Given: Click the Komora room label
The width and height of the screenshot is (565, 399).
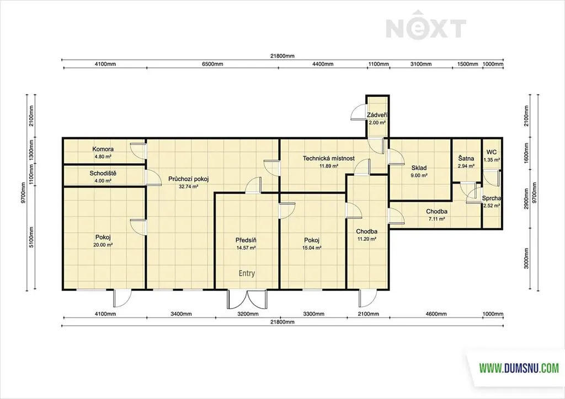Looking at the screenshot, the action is click(103, 149).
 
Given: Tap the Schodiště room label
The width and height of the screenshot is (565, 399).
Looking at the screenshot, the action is click(103, 174).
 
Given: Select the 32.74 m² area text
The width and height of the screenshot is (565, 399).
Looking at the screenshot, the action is click(189, 187).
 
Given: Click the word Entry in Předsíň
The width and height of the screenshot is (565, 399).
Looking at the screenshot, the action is click(247, 273).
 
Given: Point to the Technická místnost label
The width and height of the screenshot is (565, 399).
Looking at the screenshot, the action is click(329, 158).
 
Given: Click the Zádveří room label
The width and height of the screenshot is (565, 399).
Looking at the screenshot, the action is click(377, 115).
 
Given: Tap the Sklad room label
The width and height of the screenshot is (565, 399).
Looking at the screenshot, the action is click(419, 168).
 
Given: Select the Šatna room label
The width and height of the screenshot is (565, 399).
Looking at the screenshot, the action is click(466, 158).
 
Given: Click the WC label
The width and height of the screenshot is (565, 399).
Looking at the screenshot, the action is click(492, 152).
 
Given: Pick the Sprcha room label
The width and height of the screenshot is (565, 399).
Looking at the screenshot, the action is click(492, 198).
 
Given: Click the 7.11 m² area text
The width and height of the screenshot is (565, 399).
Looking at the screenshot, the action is click(437, 219).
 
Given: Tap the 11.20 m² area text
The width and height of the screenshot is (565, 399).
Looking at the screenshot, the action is click(367, 239).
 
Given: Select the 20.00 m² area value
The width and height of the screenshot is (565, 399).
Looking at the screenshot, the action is click(103, 245).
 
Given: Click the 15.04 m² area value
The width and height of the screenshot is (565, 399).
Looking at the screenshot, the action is click(312, 248).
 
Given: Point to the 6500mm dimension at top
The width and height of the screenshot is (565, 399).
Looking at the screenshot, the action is click(212, 64).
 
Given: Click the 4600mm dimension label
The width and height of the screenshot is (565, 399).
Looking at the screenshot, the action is click(436, 314).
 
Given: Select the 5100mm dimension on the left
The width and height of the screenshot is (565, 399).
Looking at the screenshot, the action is click(31, 237).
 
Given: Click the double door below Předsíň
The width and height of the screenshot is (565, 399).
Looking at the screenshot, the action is click(247, 299).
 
